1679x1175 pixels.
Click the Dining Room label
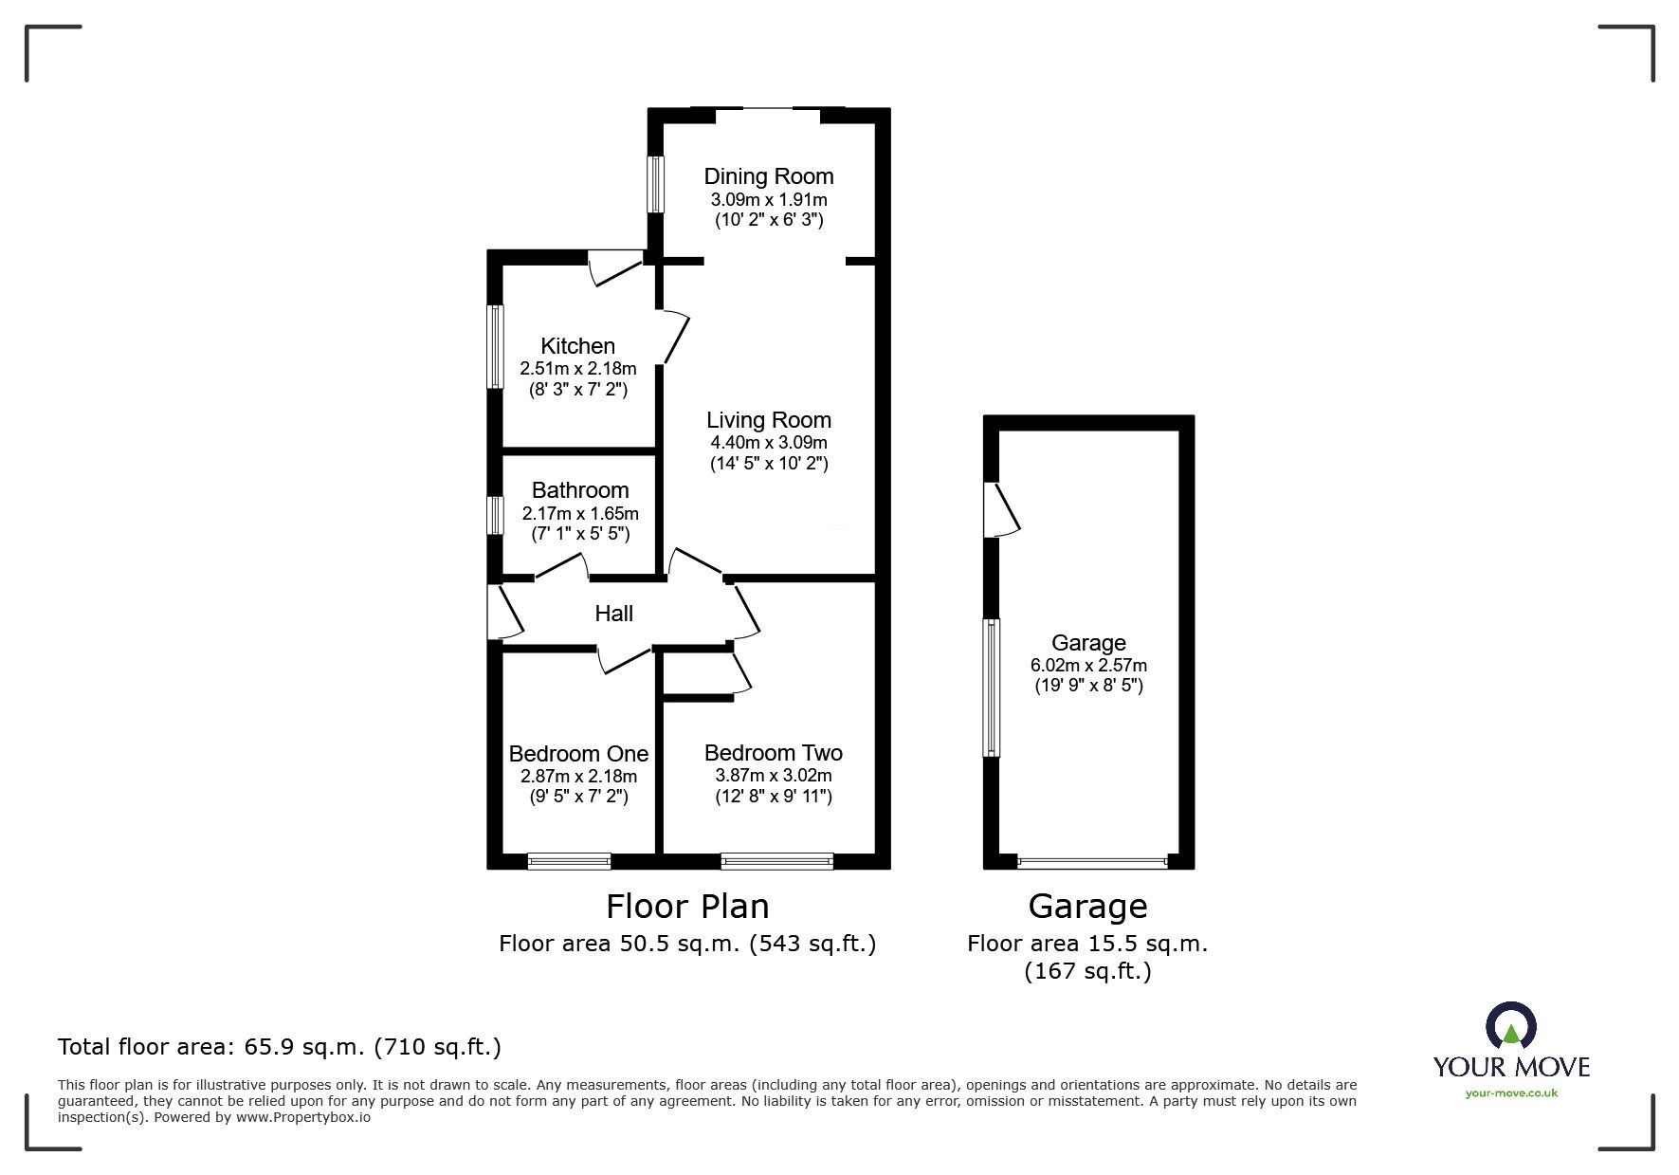(x=768, y=176)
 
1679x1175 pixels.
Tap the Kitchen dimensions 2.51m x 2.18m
(x=577, y=369)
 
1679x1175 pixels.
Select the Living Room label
(x=768, y=420)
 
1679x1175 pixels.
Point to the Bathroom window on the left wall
(x=494, y=515)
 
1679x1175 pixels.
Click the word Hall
(x=613, y=614)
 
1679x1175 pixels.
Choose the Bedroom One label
(x=578, y=754)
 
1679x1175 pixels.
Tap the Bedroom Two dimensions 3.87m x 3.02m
(x=773, y=776)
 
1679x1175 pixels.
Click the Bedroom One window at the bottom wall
(x=569, y=861)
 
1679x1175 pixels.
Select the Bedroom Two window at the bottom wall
(x=776, y=861)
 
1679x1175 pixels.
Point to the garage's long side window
(x=991, y=688)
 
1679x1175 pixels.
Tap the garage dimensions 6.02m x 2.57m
(x=1088, y=666)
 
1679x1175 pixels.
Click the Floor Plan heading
(x=687, y=907)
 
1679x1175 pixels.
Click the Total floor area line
(x=280, y=1047)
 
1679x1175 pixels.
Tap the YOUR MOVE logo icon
(x=1510, y=1027)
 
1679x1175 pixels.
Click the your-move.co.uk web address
(x=1511, y=1093)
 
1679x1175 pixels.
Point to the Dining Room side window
(x=655, y=184)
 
